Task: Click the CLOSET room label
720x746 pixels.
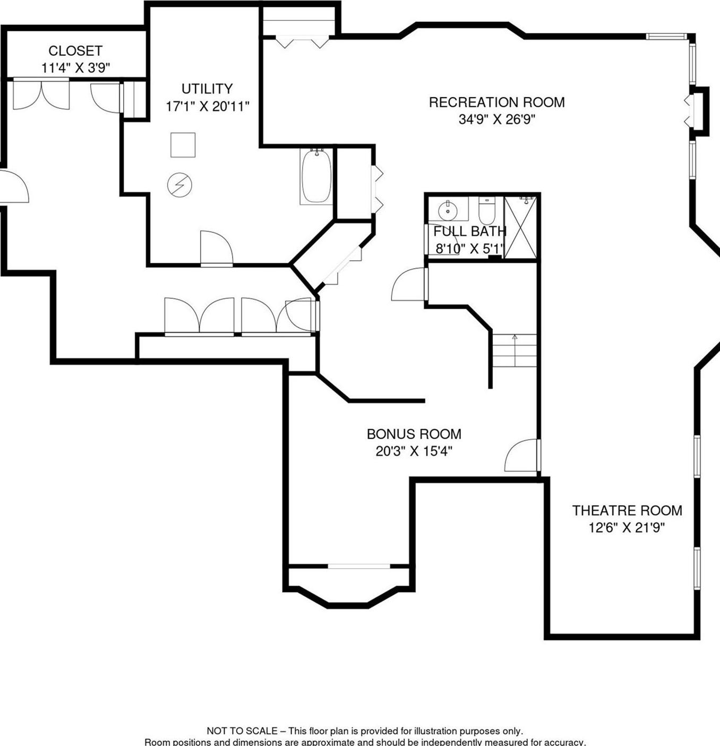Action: point(75,51)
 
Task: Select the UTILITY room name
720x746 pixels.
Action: point(207,89)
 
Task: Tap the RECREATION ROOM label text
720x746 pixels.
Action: point(496,102)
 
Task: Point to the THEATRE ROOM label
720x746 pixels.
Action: point(627,510)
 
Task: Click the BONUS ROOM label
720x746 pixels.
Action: point(414,434)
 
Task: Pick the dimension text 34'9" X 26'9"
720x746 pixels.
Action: point(496,119)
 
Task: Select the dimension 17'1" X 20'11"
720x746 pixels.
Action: point(207,107)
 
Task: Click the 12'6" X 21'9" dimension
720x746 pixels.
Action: point(627,528)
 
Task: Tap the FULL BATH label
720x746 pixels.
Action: point(469,231)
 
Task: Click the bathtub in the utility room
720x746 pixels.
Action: point(316,176)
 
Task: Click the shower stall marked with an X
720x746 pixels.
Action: point(520,227)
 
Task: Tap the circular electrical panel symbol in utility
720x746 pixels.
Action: point(179,185)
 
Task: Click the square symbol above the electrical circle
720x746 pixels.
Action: point(183,145)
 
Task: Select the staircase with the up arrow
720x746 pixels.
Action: point(514,350)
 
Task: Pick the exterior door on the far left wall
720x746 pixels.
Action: point(13,186)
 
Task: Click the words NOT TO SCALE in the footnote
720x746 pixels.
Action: point(242,731)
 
